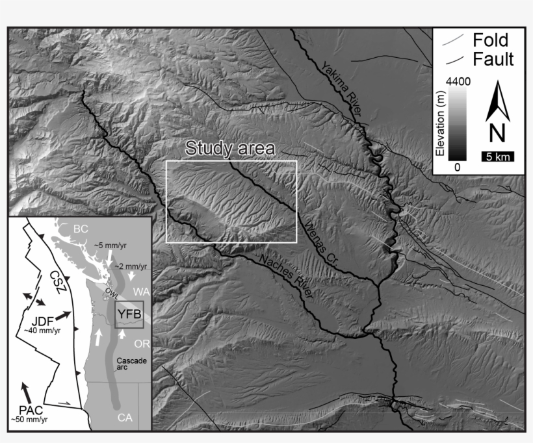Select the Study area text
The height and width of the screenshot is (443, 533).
pyautogui.click(x=230, y=148)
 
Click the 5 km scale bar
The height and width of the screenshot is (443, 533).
pyautogui.click(x=497, y=156)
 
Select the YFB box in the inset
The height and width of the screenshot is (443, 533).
pyautogui.click(x=128, y=316)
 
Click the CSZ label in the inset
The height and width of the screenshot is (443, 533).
pyautogui.click(x=58, y=281)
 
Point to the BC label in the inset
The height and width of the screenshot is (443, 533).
pyautogui.click(x=81, y=229)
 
